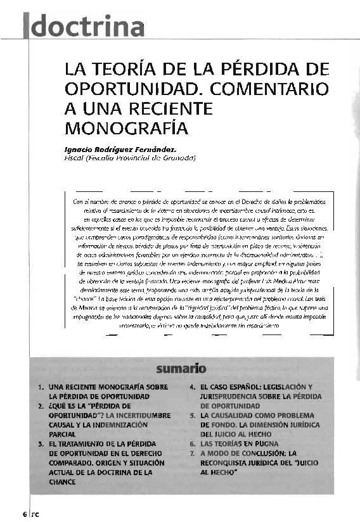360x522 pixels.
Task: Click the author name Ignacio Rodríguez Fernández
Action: tap(120, 148)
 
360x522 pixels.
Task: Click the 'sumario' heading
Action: tap(179, 367)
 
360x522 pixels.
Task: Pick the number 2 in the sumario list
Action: tap(40, 405)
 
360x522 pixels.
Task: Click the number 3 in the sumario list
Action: tap(40, 444)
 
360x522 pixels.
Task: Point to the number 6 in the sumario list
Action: tap(193, 444)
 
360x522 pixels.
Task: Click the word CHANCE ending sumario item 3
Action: tap(63, 482)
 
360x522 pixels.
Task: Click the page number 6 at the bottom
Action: tap(24, 513)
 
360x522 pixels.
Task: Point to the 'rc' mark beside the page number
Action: tap(35, 514)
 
